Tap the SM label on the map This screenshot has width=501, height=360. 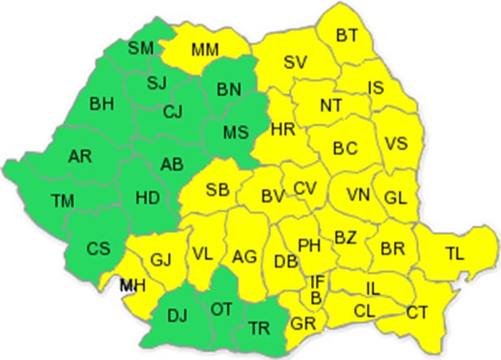141,49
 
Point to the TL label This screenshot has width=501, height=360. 456,254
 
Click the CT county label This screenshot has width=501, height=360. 417,311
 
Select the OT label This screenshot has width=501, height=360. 221,309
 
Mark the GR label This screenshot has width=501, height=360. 302,323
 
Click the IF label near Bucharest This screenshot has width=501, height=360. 318,282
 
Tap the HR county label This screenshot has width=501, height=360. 283,129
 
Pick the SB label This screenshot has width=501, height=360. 217,190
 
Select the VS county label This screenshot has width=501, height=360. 395,144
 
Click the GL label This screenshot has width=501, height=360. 395,197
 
